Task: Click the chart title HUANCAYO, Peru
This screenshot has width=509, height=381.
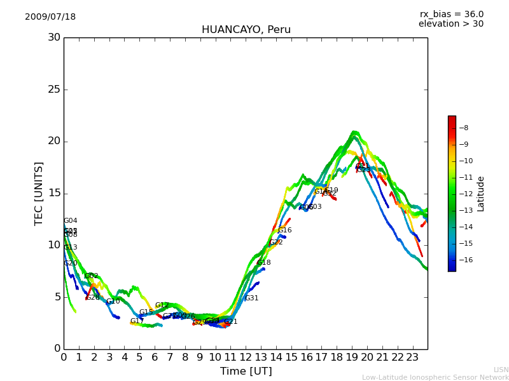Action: coord(246,30)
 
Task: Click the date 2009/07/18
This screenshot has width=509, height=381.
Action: coord(50,17)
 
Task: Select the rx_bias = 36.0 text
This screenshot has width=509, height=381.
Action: coord(451,15)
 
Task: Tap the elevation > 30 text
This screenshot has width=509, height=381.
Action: coord(450,24)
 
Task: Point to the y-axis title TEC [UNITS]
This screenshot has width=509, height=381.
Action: coord(39,193)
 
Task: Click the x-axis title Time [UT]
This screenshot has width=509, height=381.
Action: coord(246,371)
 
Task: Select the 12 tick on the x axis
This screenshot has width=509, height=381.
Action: coord(246,358)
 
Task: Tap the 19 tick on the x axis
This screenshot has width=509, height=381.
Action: coord(352,358)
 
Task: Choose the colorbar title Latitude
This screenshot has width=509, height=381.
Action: coord(481,193)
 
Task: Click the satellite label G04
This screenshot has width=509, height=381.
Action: coord(70,221)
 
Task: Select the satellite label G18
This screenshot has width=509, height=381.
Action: coord(263,263)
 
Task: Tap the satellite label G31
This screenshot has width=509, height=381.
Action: coord(251,298)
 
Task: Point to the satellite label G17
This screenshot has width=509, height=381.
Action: coord(137,321)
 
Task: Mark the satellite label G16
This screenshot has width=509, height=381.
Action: coord(284,231)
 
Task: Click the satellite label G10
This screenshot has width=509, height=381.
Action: coord(113,302)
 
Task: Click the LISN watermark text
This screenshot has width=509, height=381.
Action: coord(501,370)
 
